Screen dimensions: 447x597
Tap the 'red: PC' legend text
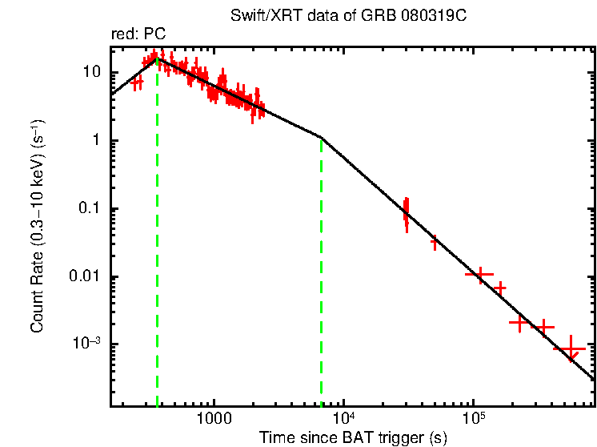click(138, 35)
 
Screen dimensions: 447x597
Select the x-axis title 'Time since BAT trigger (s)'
click(353, 437)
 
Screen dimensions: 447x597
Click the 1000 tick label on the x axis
click(214, 419)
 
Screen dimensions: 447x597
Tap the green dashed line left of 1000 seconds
click(157, 240)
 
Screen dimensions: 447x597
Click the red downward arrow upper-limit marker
click(571, 350)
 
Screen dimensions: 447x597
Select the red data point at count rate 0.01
click(479, 275)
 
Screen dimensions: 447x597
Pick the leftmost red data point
click(137, 82)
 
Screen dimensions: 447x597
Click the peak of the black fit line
click(157, 58)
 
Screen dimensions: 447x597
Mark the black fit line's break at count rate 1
click(321, 137)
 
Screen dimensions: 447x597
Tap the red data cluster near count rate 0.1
click(406, 212)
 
